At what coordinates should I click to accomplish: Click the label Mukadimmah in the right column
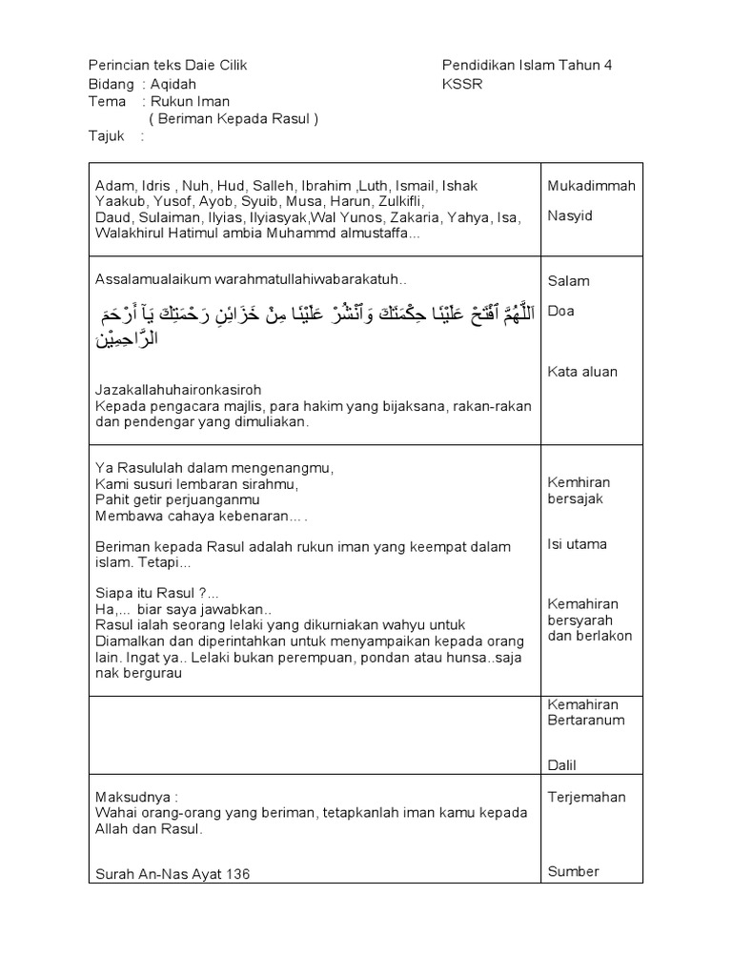(x=591, y=186)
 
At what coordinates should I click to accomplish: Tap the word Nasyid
(x=570, y=216)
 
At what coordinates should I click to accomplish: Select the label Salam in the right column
(x=568, y=281)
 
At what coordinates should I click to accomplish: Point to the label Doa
(x=561, y=312)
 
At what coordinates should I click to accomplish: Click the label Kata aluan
(x=581, y=372)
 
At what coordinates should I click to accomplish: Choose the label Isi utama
(x=577, y=544)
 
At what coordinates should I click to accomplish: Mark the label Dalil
(x=562, y=764)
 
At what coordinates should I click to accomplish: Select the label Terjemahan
(x=587, y=797)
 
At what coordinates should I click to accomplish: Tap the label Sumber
(x=574, y=871)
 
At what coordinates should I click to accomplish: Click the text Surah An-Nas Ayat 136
(x=173, y=874)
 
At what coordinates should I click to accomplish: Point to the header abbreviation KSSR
(x=462, y=84)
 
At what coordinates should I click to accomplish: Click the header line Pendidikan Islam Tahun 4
(x=527, y=65)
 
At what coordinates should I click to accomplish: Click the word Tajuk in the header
(x=106, y=136)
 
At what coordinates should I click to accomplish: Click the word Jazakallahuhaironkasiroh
(x=178, y=390)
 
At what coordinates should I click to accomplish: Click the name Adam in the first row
(x=112, y=186)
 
